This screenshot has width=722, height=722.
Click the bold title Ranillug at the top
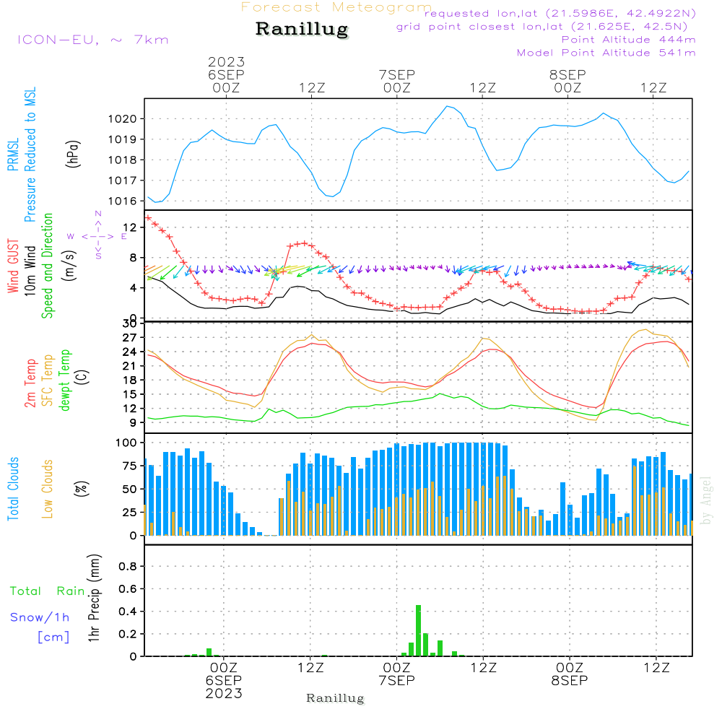coord(302,30)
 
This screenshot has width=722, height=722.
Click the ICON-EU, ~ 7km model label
coord(92,40)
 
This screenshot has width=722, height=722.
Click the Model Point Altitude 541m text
coord(606,53)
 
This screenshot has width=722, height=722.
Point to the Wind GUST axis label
coord(14,266)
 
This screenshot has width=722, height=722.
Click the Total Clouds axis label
coord(14,489)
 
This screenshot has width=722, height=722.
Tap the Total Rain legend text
coord(47,591)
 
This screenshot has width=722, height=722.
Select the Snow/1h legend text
coord(40,618)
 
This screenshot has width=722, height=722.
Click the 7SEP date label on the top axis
coord(396,74)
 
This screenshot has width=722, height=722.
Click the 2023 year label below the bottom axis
coord(224,694)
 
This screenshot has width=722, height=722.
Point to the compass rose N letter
coord(98,214)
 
